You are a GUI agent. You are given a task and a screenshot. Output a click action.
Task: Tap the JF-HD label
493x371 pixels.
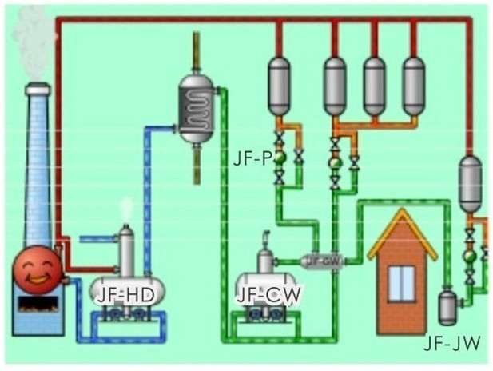point(125,294)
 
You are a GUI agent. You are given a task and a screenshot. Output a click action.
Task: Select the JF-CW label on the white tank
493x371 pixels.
point(268,294)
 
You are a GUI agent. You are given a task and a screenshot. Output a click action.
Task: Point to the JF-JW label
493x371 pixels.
point(451,344)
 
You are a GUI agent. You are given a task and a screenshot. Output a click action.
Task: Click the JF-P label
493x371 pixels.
point(253,157)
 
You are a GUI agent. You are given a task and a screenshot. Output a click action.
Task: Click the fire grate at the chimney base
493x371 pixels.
point(38,305)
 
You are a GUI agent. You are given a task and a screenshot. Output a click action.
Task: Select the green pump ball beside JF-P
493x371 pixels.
point(280,158)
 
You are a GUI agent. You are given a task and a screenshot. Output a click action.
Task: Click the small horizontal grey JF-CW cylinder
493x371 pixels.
point(322,260)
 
